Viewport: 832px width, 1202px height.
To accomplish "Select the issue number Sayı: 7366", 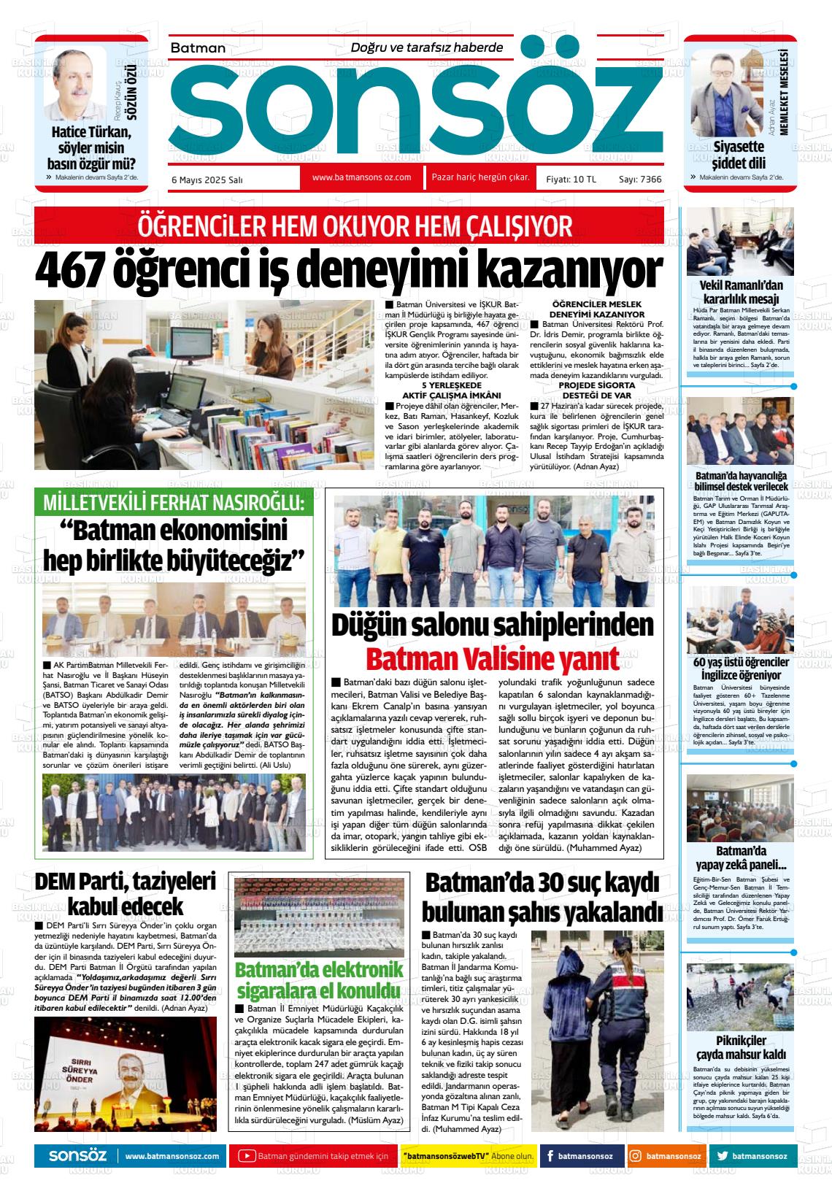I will pyautogui.click(x=639, y=179).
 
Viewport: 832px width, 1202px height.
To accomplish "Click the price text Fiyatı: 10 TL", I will pyautogui.click(x=571, y=179).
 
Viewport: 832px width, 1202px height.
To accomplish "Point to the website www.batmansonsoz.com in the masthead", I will pyautogui.click(x=361, y=177).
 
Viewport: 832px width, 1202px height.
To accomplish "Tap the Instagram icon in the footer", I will pyautogui.click(x=636, y=1156).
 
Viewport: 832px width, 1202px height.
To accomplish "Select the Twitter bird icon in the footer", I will pyautogui.click(x=722, y=1156).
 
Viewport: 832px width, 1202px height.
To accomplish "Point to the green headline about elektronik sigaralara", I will pyautogui.click(x=319, y=980).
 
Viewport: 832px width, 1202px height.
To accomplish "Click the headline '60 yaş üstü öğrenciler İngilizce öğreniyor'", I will pyautogui.click(x=740, y=669).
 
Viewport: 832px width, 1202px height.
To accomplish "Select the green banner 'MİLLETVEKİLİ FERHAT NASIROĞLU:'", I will pyautogui.click(x=174, y=504).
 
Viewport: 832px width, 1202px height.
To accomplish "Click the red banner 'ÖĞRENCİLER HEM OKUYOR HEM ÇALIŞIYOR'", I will pyautogui.click(x=349, y=226).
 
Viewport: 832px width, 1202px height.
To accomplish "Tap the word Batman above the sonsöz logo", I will pyautogui.click(x=198, y=48).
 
